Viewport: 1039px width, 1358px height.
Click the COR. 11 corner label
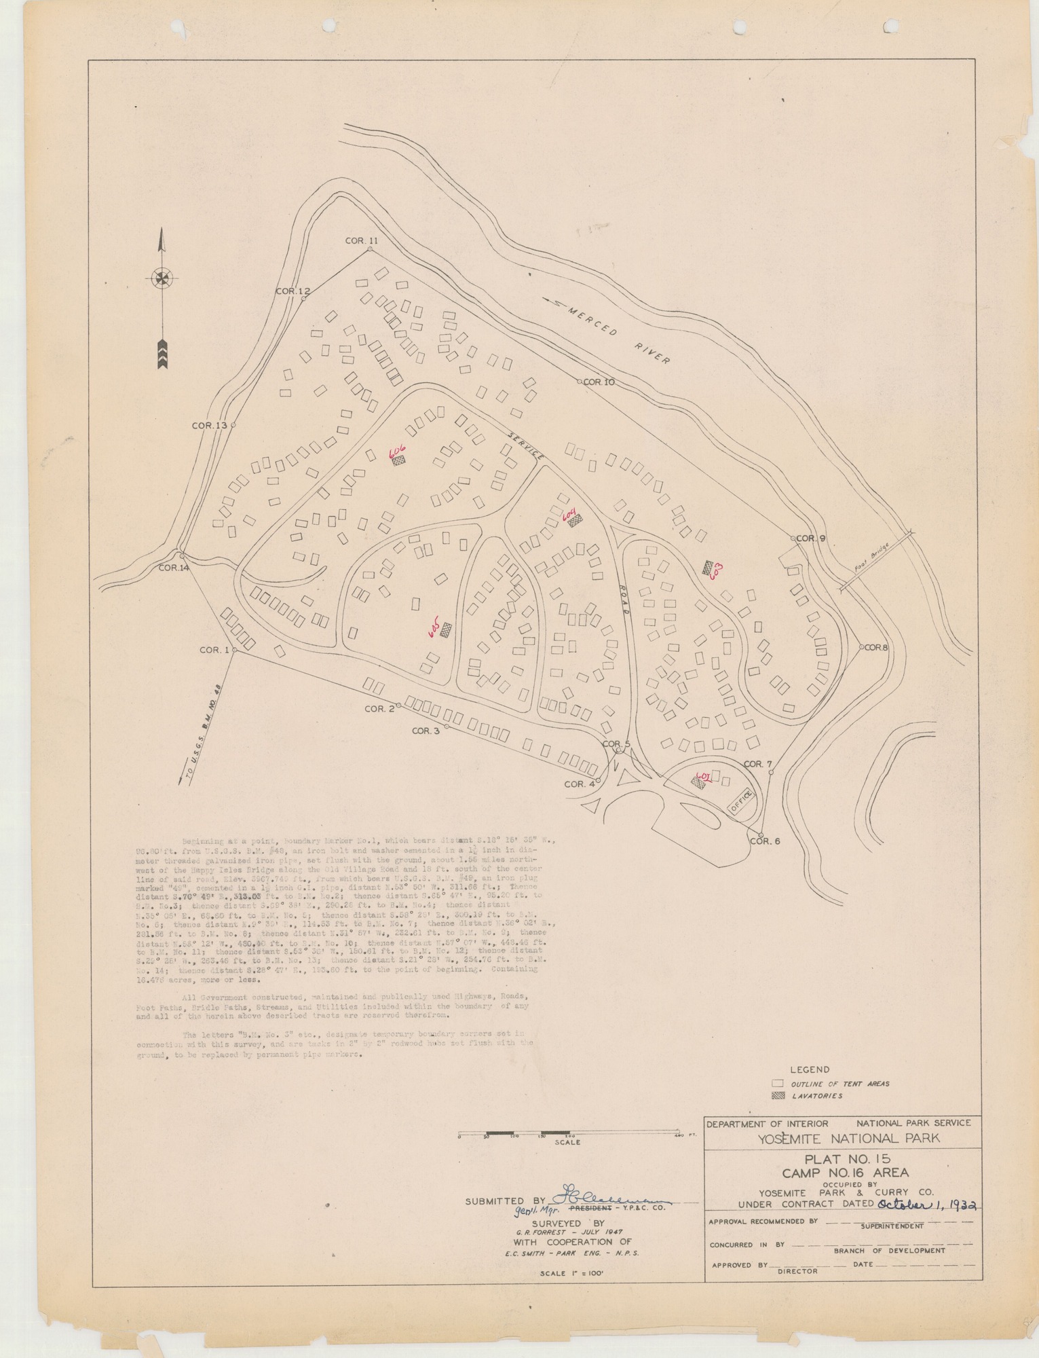coord(360,240)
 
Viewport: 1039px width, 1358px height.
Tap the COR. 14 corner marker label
coord(174,568)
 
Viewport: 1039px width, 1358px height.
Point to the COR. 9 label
coord(811,538)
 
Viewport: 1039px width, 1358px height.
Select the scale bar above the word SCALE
coord(567,1133)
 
